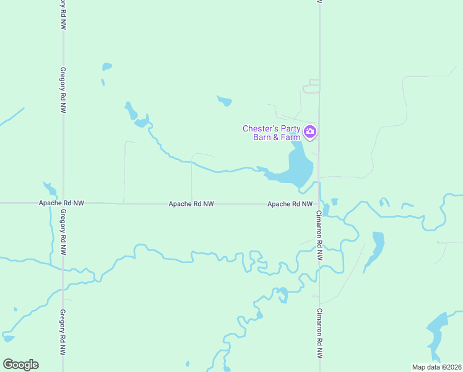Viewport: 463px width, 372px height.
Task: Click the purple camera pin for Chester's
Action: (310, 131)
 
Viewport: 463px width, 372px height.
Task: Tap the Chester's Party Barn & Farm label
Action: (271, 133)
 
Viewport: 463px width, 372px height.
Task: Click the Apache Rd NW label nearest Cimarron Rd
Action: (289, 203)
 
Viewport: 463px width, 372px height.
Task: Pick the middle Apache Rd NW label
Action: (191, 203)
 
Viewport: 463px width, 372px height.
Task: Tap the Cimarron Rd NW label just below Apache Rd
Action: (319, 234)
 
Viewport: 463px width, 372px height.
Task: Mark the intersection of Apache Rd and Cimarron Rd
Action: (319, 203)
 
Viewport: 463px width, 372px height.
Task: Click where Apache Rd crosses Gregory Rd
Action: (63, 203)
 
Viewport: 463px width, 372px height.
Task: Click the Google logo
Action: (20, 365)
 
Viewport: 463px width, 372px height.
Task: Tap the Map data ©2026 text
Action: (436, 366)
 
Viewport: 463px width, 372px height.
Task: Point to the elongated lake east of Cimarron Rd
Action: (376, 248)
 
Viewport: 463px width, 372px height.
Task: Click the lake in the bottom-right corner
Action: (438, 332)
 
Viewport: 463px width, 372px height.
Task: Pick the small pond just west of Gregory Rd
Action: (50, 188)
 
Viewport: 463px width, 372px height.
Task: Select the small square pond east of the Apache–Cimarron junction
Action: (335, 201)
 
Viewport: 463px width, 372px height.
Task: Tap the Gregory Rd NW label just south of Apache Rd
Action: (63, 232)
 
